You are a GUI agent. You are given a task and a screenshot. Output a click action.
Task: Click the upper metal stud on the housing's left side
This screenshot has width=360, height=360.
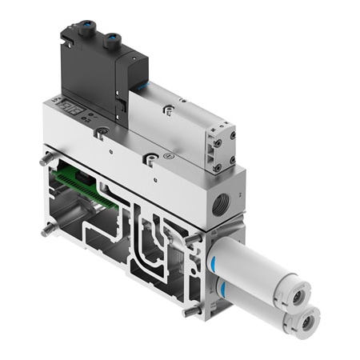point(44,158)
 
